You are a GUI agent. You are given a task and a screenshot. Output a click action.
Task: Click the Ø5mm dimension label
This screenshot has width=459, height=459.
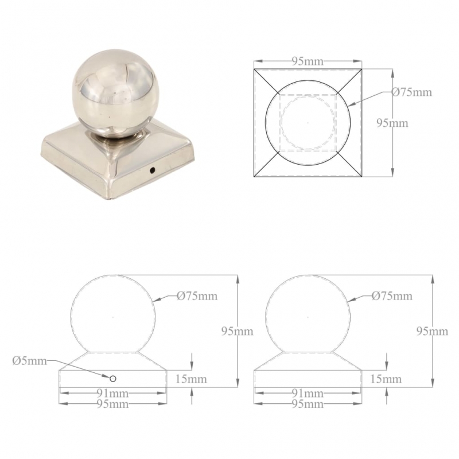(x=29, y=361)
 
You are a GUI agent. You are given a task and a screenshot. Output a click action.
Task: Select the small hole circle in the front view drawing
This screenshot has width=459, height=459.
(x=113, y=378)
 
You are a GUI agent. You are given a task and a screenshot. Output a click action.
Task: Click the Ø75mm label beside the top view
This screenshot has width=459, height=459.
(x=411, y=92)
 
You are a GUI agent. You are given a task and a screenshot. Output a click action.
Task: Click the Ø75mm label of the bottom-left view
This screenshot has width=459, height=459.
(x=197, y=296)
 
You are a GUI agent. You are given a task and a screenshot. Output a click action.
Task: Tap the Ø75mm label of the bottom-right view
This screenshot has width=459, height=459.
(x=392, y=296)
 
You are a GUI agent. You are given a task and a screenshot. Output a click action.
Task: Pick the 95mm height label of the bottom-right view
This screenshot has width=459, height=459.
(x=432, y=332)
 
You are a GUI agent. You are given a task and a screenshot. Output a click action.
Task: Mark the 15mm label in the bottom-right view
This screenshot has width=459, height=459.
(x=386, y=379)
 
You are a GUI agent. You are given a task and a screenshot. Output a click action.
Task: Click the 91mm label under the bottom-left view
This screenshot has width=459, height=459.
(x=113, y=394)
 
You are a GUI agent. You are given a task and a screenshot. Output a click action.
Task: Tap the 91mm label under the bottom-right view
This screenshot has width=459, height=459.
(x=308, y=394)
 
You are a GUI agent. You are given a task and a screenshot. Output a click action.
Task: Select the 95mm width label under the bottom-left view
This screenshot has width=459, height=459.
(x=113, y=404)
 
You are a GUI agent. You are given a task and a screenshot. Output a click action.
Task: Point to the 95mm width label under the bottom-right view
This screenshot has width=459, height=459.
(x=308, y=404)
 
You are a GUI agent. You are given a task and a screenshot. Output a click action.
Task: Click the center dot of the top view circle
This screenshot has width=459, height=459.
(x=308, y=122)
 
